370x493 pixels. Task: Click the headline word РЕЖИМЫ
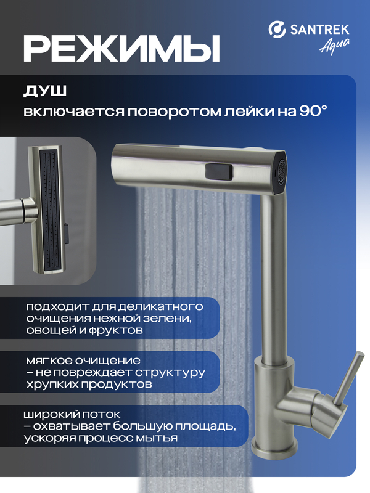(x=121, y=48)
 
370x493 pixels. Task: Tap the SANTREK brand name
(x=319, y=30)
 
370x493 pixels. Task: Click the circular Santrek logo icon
(x=277, y=29)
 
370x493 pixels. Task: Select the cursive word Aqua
(x=335, y=47)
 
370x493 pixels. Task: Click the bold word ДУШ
(x=45, y=91)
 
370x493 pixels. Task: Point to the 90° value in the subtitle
(x=313, y=111)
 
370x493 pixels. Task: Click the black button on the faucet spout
(x=219, y=172)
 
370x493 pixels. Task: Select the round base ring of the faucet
(x=275, y=448)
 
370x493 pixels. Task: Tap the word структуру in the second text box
(x=170, y=372)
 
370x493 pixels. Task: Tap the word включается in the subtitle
(x=73, y=112)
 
